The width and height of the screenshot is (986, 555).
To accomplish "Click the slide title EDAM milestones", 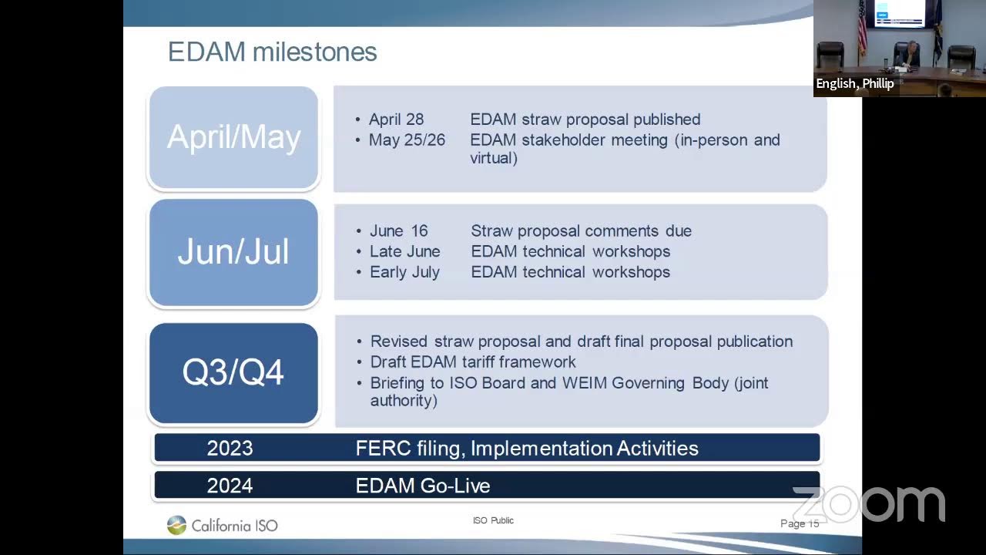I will pyautogui.click(x=272, y=52).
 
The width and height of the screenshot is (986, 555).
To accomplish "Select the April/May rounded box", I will pyautogui.click(x=233, y=137).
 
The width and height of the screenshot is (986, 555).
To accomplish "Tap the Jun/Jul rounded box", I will pyautogui.click(x=233, y=252).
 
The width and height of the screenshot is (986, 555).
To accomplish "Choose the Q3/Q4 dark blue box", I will pyautogui.click(x=233, y=372).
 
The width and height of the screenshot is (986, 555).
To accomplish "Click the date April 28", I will pyautogui.click(x=396, y=119).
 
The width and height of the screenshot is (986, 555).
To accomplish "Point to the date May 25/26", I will pyautogui.click(x=407, y=140).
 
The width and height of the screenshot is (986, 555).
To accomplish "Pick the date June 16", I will pyautogui.click(x=398, y=231).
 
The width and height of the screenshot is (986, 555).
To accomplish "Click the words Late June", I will pyautogui.click(x=404, y=252).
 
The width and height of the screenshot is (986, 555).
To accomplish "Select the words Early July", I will pyautogui.click(x=404, y=272).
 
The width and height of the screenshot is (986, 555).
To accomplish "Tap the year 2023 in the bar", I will pyautogui.click(x=230, y=448).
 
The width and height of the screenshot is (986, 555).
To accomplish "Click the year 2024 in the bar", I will pyautogui.click(x=230, y=486).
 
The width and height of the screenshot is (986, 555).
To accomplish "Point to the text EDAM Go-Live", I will pyautogui.click(x=423, y=486).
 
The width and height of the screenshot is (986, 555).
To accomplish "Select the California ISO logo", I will pyautogui.click(x=222, y=526).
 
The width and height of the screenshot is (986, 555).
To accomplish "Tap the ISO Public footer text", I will pyautogui.click(x=493, y=521).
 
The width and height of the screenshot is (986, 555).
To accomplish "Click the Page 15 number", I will pyautogui.click(x=799, y=523).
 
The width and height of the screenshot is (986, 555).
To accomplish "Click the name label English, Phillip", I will pyautogui.click(x=855, y=84).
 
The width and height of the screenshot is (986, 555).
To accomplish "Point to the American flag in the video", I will pyautogui.click(x=862, y=31).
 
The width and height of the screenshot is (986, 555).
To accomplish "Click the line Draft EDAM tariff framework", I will pyautogui.click(x=473, y=362).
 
